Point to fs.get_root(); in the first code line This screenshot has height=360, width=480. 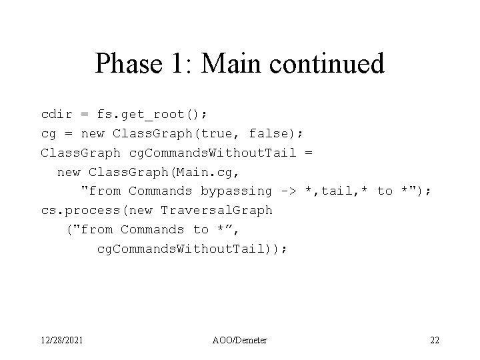pyautogui.click(x=140, y=114)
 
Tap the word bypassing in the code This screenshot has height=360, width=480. pyautogui.click(x=236, y=191)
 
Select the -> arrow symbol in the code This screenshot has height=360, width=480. pyautogui.click(x=289, y=191)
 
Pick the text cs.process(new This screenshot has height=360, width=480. pyautogui.click(x=92, y=210)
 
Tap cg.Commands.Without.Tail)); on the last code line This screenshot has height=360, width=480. pyautogui.click(x=192, y=249)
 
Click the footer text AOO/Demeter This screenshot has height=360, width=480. pyautogui.click(x=241, y=341)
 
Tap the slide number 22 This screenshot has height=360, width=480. pyautogui.click(x=434, y=341)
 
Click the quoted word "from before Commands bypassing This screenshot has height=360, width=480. pyautogui.click(x=101, y=191)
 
